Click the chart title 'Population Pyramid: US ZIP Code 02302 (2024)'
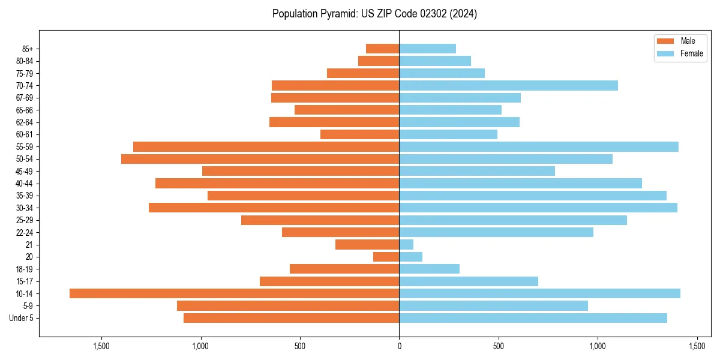tap(374, 14)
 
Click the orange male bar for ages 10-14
tap(234, 293)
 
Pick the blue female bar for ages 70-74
tap(508, 85)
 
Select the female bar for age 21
tap(406, 244)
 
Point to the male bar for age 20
tap(386, 257)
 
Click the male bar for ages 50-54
tap(260, 159)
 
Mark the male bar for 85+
tap(383, 49)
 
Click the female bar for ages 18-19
tap(429, 269)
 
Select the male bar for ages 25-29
tap(320, 220)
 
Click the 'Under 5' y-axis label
tap(21, 318)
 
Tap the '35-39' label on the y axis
tap(25, 196)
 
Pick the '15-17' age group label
tap(25, 281)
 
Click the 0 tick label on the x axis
tap(399, 346)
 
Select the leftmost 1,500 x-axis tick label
tap(101, 346)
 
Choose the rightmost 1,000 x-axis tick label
tap(598, 346)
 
